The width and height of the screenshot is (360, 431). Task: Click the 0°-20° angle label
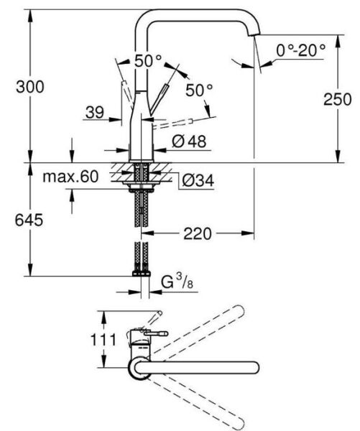point(300,50)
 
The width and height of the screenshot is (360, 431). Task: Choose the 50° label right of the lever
point(199,91)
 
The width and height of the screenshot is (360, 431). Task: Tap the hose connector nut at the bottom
point(140,274)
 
